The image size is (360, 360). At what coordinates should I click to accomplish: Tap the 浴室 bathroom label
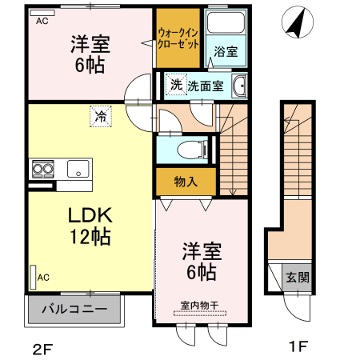(x=225, y=52)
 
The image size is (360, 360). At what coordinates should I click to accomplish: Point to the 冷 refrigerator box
(x=101, y=117)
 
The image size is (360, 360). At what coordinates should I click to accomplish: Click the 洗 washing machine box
(x=175, y=84)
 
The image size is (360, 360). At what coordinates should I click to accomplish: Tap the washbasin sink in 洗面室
(x=239, y=87)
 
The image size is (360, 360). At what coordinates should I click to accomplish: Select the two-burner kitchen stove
(x=42, y=169)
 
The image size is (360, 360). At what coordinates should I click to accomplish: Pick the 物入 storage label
(x=186, y=182)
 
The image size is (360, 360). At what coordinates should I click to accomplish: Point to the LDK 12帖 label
(x=88, y=226)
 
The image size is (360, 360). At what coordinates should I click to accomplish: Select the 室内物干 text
(x=200, y=304)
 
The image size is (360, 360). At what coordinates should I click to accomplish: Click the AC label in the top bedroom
(x=42, y=22)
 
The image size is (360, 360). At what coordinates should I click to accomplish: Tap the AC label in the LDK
(x=43, y=278)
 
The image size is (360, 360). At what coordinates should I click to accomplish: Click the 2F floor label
(x=45, y=347)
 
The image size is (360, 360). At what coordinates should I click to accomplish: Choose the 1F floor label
(x=298, y=347)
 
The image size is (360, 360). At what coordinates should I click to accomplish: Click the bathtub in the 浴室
(x=226, y=26)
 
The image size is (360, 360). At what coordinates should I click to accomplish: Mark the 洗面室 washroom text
(x=206, y=86)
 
